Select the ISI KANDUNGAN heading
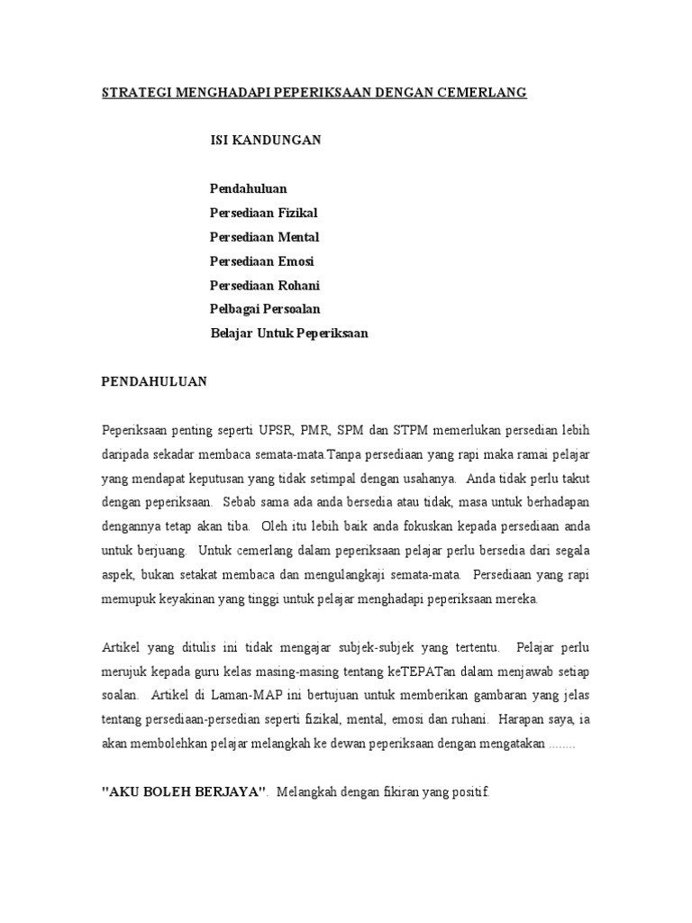[x=265, y=141]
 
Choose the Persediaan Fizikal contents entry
[x=264, y=213]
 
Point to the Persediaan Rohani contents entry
[x=265, y=286]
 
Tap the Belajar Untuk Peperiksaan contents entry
[x=289, y=334]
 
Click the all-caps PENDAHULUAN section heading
[x=153, y=381]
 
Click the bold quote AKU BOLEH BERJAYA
[x=185, y=793]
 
